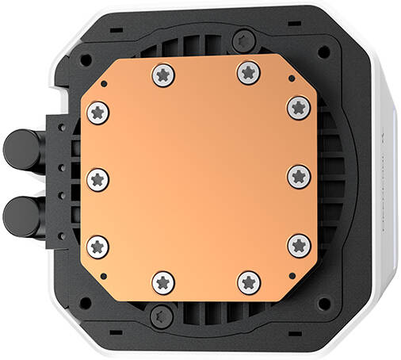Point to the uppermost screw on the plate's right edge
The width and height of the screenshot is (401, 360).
297,106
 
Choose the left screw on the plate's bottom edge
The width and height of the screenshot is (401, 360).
163,280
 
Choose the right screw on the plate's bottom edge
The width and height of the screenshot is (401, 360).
248,280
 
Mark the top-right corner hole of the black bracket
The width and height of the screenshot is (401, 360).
322,51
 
